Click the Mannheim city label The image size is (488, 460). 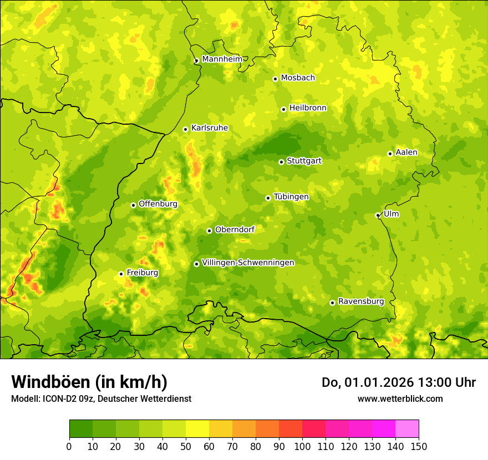[x=222, y=59]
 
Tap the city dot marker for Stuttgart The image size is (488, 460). [x=281, y=162]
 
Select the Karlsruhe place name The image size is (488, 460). [x=209, y=128]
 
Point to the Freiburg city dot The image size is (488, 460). [x=121, y=274]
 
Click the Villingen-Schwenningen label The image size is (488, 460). [x=248, y=263]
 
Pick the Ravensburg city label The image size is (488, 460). [x=360, y=301]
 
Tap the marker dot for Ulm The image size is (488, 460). [x=378, y=215]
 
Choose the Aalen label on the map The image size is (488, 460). [x=406, y=152]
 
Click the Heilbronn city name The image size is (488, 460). [x=308, y=108]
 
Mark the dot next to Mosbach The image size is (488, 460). [x=275, y=79]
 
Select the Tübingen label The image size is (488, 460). [x=291, y=197]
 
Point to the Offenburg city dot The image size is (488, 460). [x=133, y=205]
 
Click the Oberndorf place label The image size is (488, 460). [x=235, y=229]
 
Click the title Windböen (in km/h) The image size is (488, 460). [x=89, y=382]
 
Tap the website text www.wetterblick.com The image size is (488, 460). [x=400, y=398]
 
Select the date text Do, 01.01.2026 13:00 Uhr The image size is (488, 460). [x=399, y=382]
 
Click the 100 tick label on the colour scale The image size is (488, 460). [x=302, y=446]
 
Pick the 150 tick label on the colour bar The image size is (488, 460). [x=419, y=446]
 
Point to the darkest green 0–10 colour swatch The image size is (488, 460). [x=81, y=428]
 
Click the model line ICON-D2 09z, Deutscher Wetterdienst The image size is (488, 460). [x=101, y=398]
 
